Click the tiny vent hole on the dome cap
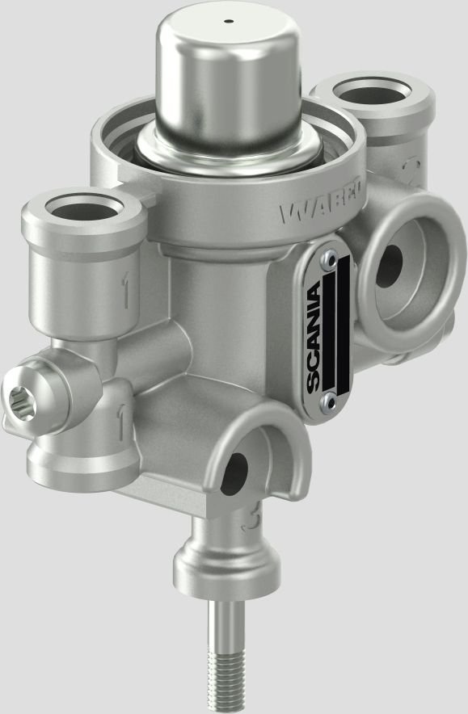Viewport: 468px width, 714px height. point(229,21)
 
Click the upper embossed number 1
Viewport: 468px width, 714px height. point(126,292)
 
